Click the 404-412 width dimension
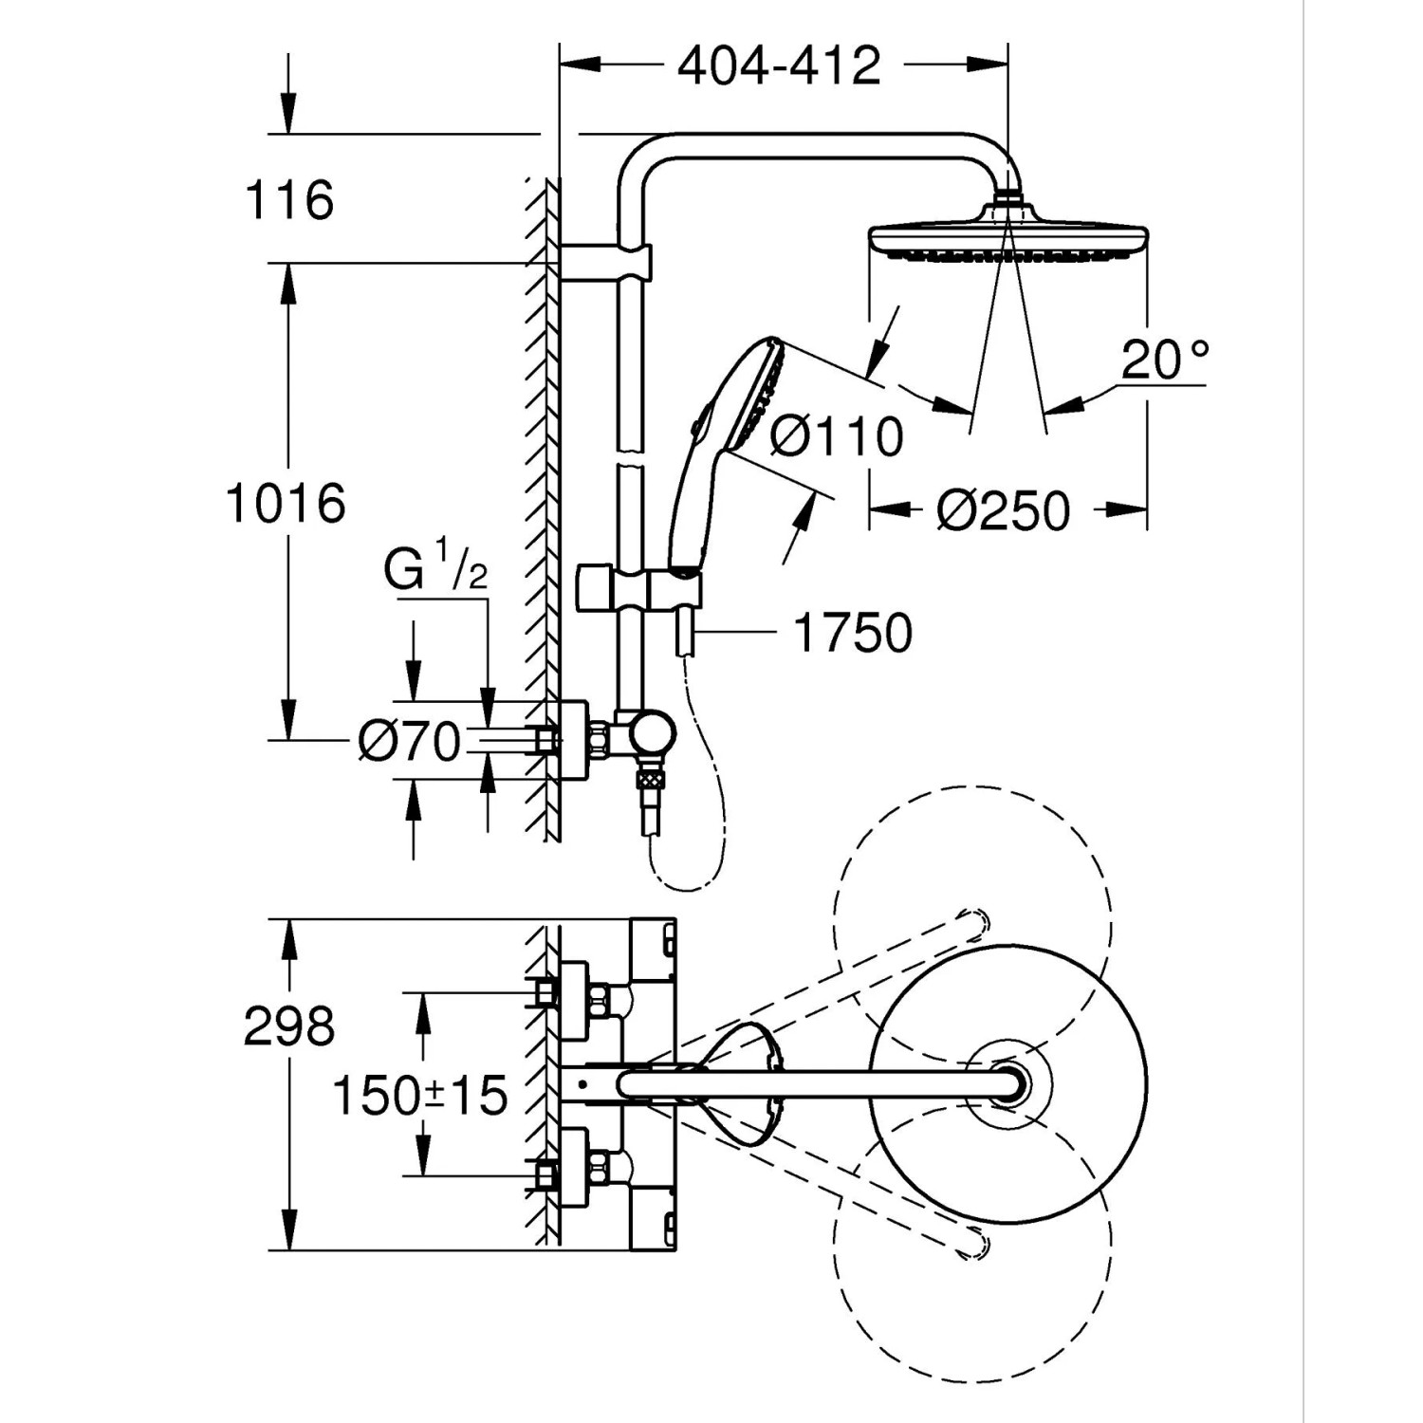click(780, 65)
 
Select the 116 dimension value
click(289, 200)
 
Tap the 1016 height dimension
click(286, 502)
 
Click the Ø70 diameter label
click(410, 741)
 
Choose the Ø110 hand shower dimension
click(836, 437)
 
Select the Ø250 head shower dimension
click(1003, 510)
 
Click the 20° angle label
click(1165, 360)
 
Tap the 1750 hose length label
click(852, 633)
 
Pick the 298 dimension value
click(289, 1026)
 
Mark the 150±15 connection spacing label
click(419, 1096)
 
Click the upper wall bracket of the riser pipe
click(607, 263)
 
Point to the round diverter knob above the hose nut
click(655, 733)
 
